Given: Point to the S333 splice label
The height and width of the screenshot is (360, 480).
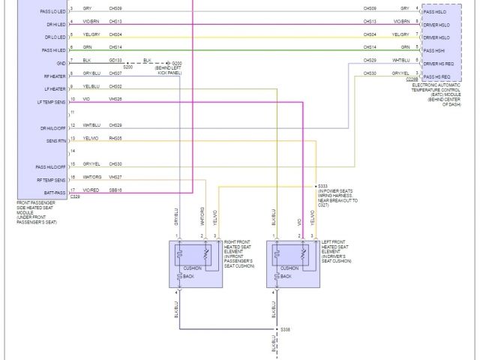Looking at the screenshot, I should [323, 185].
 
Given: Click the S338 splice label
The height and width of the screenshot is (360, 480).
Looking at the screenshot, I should [286, 329].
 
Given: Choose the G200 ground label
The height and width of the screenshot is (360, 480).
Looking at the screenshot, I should [177, 62].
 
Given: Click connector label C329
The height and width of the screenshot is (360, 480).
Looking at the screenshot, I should [75, 197].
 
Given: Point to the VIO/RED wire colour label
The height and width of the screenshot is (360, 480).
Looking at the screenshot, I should [91, 190].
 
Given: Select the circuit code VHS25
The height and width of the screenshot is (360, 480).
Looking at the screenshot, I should [115, 99].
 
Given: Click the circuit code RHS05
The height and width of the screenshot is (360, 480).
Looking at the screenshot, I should [115, 138].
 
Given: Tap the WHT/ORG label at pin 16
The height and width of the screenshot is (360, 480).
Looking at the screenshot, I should [91, 177].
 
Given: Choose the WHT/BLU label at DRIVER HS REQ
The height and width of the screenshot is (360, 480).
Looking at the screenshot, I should [401, 60].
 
